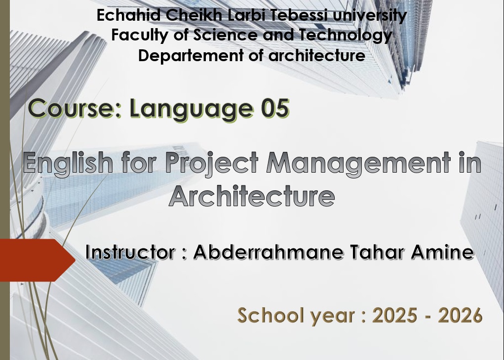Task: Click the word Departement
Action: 191,55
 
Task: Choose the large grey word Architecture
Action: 252,196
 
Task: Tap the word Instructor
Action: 130,252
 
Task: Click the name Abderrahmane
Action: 269,252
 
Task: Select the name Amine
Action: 443,252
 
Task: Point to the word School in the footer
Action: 271,315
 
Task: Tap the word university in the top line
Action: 370,16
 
